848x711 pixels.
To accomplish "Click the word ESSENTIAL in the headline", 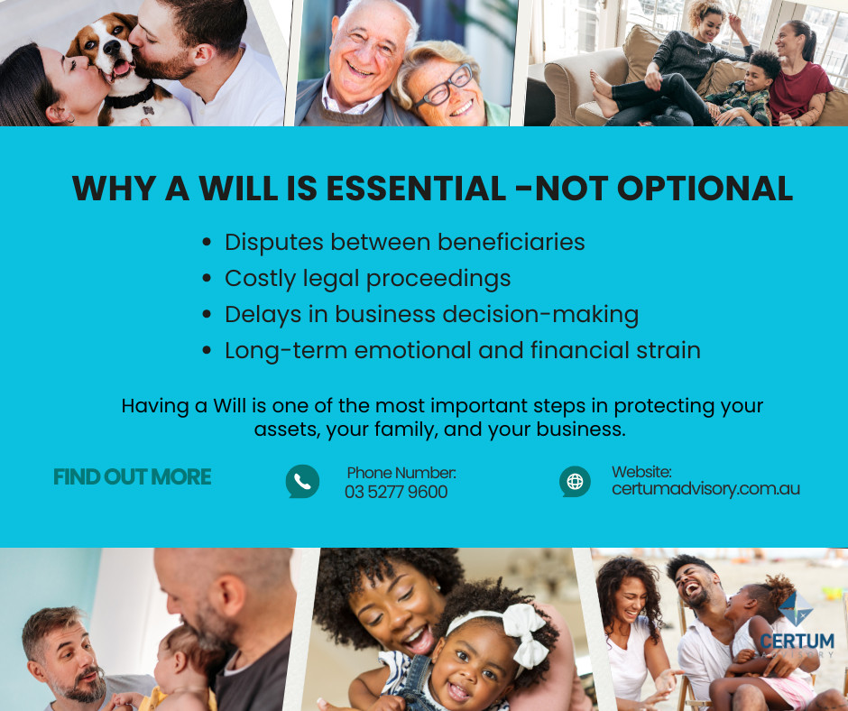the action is click(416, 189).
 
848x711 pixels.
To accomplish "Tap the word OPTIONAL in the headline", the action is click(705, 189).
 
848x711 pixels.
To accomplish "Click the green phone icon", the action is click(302, 481).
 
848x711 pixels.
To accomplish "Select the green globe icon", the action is click(575, 481).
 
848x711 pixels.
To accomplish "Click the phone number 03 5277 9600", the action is click(396, 492).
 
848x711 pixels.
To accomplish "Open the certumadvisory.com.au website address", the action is click(705, 489).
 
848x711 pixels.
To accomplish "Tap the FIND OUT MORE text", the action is click(132, 476).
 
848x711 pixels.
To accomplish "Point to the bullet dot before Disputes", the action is click(206, 242).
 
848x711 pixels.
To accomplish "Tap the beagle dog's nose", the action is click(113, 47).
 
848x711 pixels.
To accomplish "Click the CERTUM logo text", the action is click(797, 642).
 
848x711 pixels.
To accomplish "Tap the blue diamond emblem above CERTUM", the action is click(796, 609).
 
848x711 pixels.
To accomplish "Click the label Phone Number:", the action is click(401, 473).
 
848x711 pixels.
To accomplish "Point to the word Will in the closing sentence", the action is click(229, 406).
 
